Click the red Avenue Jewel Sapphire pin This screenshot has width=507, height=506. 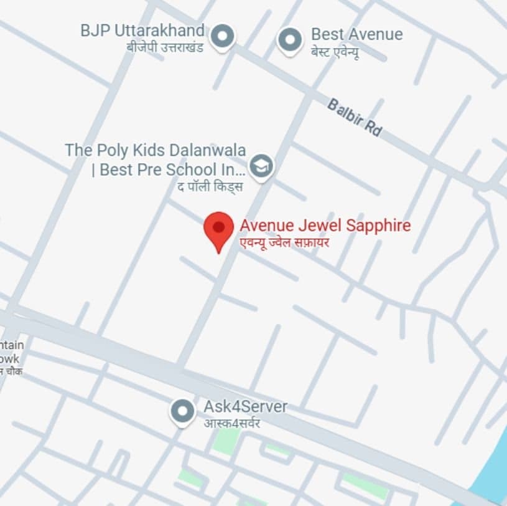pyautogui.click(x=218, y=228)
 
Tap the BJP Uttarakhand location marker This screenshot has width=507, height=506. pyautogui.click(x=222, y=36)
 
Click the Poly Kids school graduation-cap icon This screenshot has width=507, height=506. pyautogui.click(x=261, y=166)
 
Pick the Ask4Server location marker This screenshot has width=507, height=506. pyautogui.click(x=182, y=411)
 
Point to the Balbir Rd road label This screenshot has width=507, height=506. pyautogui.click(x=354, y=117)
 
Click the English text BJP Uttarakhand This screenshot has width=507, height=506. pyautogui.click(x=142, y=30)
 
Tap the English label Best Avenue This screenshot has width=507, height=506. pyautogui.click(x=356, y=34)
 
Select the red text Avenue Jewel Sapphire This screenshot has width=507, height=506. pyautogui.click(x=325, y=225)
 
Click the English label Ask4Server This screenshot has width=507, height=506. pyautogui.click(x=245, y=407)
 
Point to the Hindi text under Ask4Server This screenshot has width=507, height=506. pyautogui.click(x=231, y=423)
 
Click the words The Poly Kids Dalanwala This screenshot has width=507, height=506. pyautogui.click(x=155, y=150)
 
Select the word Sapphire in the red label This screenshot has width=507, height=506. pyautogui.click(x=378, y=225)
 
